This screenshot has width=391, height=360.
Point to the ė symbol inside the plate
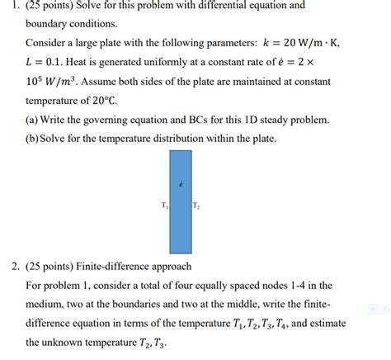pyautogui.click(x=180, y=183)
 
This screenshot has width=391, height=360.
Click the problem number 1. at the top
pyautogui.click(x=7, y=6)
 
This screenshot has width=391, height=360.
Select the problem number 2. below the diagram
pyautogui.click(x=8, y=266)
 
